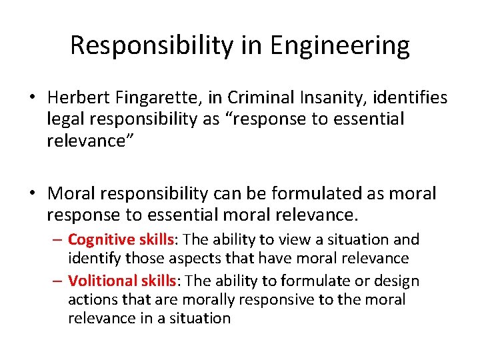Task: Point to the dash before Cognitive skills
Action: (59, 239)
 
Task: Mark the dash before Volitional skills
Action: (59, 281)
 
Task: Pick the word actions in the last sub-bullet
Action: (91, 300)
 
